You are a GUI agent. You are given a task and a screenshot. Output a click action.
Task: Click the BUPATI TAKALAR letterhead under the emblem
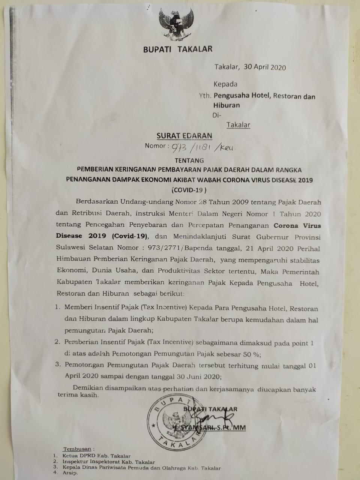[x=177, y=49]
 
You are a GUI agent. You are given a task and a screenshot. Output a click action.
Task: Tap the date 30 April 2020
[x=264, y=67]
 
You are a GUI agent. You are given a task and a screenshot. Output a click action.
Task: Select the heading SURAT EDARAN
[x=184, y=136]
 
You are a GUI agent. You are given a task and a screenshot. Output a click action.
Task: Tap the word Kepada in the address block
[x=225, y=84]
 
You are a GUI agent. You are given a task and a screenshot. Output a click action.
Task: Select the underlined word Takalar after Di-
[x=238, y=125]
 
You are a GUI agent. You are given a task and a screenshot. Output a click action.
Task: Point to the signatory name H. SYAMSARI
[x=195, y=427]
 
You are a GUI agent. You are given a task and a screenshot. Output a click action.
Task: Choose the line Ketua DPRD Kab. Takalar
[x=96, y=456]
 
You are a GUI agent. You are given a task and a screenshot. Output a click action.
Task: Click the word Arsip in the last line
[x=70, y=474]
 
